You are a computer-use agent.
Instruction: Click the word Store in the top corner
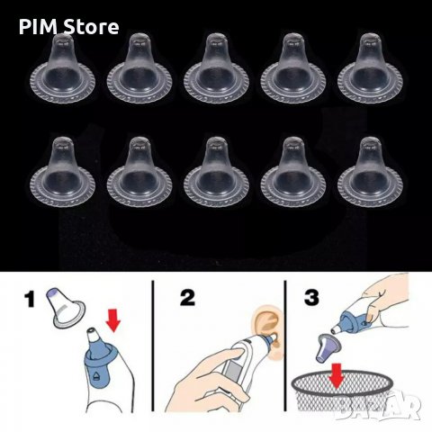(91, 27)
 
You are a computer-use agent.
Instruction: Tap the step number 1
(30, 299)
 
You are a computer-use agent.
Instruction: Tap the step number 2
(187, 298)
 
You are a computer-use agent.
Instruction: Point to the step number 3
(311, 298)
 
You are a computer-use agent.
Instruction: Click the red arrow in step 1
(113, 321)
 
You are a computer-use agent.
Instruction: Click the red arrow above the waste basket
(337, 375)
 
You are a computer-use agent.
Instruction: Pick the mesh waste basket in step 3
(342, 391)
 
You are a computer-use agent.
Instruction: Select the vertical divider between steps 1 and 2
(153, 346)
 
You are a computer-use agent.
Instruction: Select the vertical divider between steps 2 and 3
(285, 346)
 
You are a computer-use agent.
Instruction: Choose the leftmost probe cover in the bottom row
(62, 172)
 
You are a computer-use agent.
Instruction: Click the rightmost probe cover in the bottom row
(370, 172)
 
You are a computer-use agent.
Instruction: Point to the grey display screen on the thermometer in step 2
(233, 372)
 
